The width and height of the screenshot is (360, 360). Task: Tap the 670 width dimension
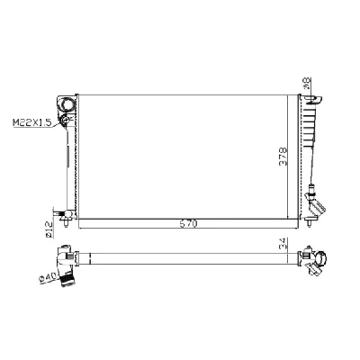(x=187, y=220)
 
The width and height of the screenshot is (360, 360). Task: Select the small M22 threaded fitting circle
(x=67, y=118)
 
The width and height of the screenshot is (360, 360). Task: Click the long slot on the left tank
(x=66, y=162)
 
